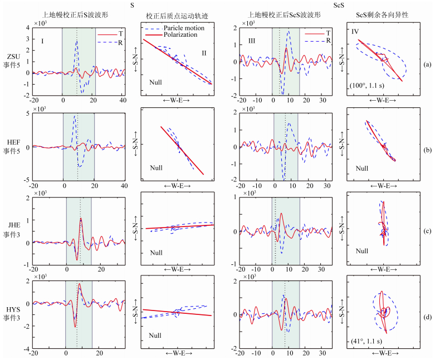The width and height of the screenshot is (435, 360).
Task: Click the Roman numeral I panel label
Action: coord(42,41)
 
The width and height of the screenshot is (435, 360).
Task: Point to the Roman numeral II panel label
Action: coord(204,53)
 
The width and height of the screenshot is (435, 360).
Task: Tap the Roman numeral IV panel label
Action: coord(355,32)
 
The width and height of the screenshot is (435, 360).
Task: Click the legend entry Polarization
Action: coord(182,34)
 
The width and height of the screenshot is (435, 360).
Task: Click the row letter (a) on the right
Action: coord(427,65)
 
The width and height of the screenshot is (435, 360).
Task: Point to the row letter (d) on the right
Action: coord(427,318)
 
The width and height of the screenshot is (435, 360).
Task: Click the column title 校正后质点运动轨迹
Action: coord(177,16)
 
